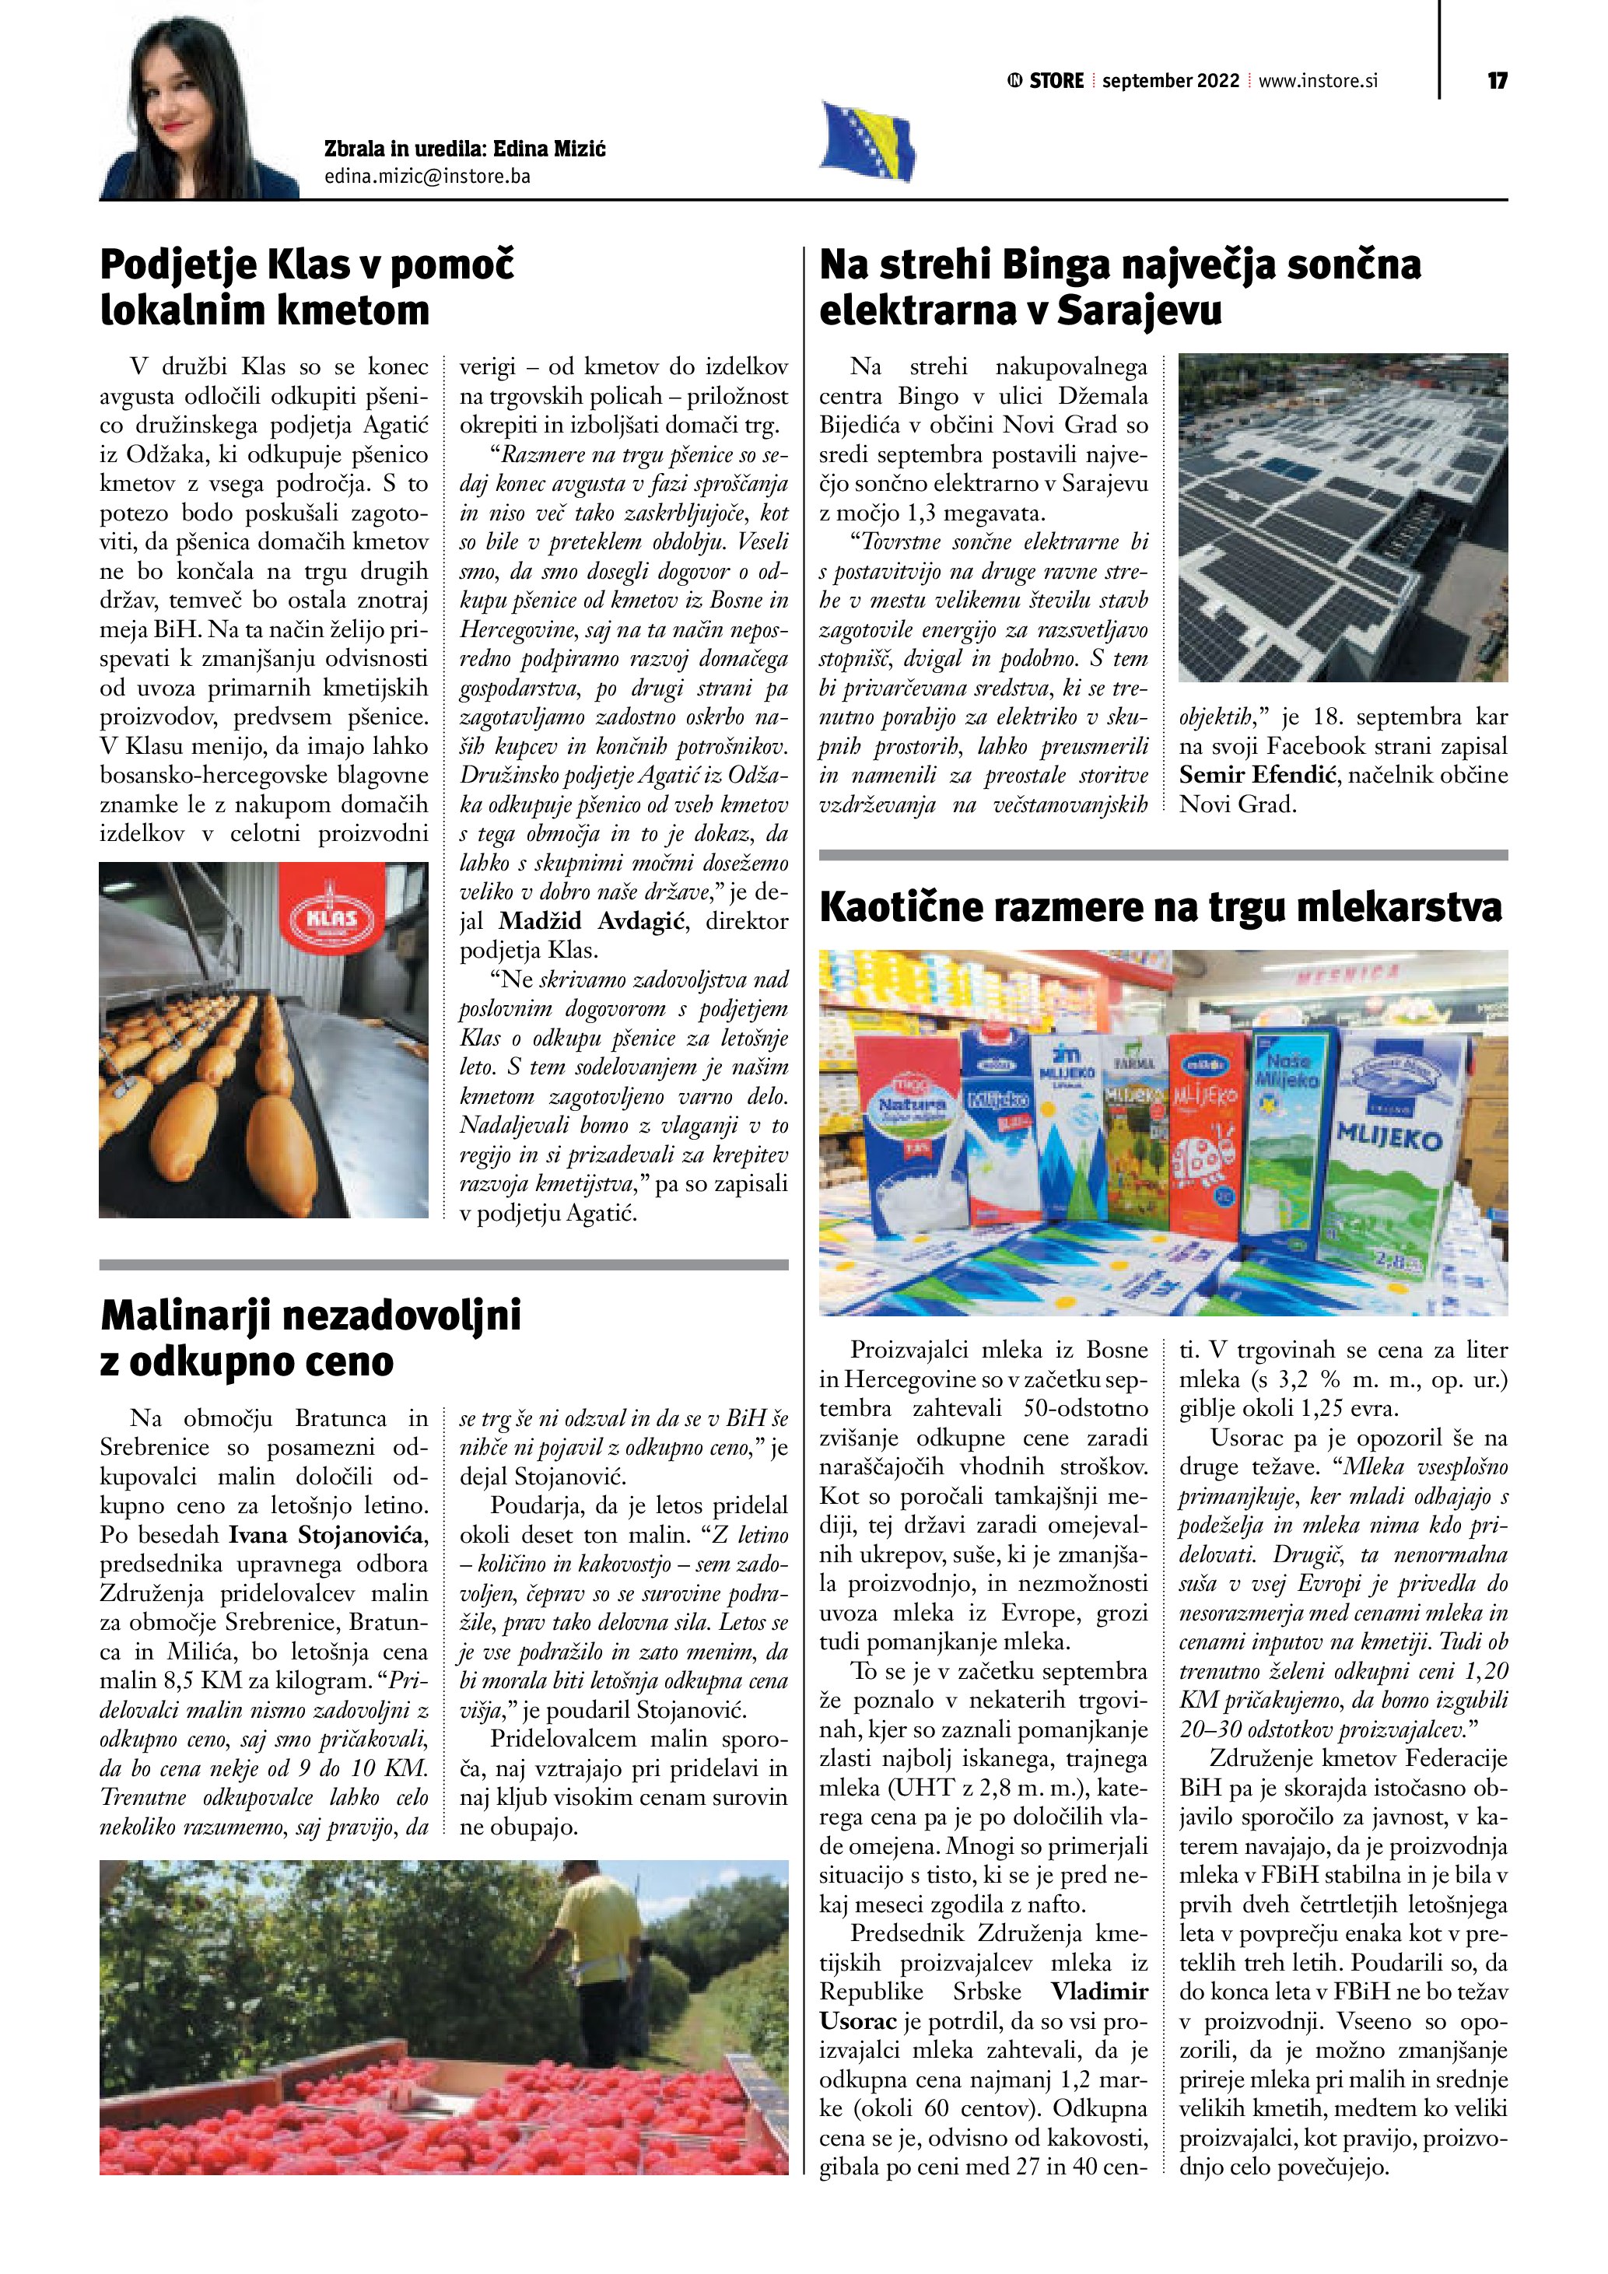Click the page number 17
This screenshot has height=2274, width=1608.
click(x=1496, y=81)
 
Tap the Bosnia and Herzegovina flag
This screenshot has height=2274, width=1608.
click(x=867, y=141)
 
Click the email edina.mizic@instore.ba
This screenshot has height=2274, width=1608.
click(x=427, y=177)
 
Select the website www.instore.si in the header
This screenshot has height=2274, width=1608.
click(x=1318, y=81)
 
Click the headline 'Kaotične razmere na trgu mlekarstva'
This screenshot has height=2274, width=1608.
click(x=1161, y=907)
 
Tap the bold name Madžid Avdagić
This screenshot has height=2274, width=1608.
click(x=591, y=921)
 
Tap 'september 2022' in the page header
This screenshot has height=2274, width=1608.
click(x=1170, y=81)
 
